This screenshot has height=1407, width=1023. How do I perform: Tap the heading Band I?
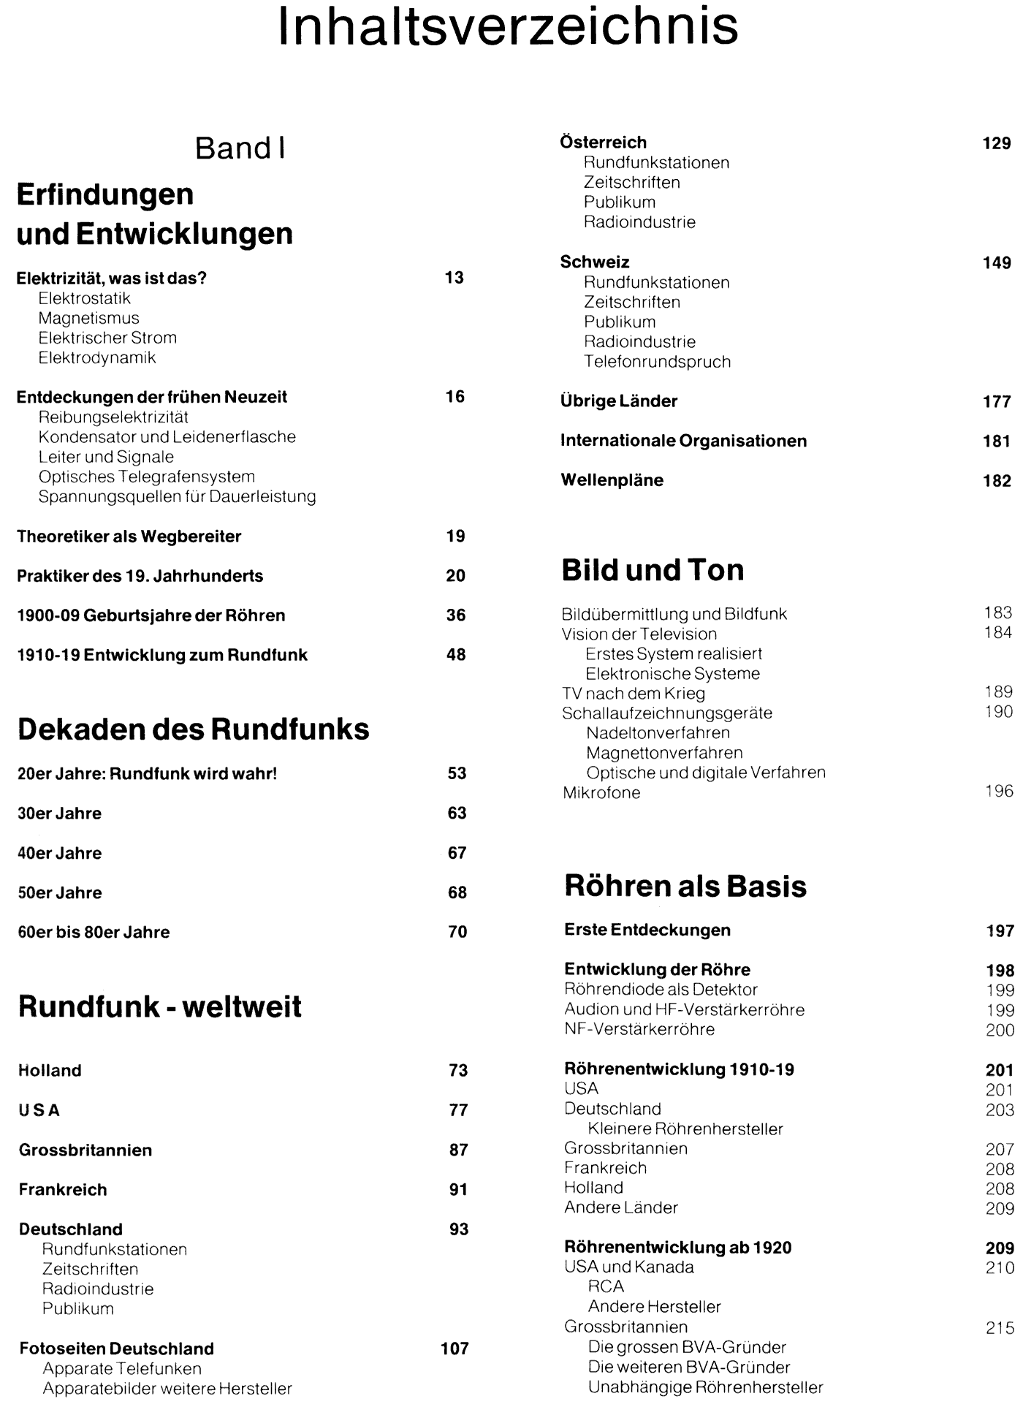(x=240, y=148)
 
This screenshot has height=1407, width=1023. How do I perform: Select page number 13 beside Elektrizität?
(x=454, y=278)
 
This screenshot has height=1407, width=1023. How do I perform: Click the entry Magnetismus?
(x=88, y=318)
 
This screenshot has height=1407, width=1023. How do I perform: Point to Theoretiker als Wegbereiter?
(x=129, y=536)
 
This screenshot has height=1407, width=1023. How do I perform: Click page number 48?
(x=456, y=655)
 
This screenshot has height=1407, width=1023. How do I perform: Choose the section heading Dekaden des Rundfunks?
(x=193, y=729)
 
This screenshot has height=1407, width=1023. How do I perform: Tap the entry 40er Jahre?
(x=59, y=853)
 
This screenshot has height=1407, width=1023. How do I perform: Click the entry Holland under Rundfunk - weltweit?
(x=50, y=1071)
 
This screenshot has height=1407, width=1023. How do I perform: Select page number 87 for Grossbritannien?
(x=458, y=1150)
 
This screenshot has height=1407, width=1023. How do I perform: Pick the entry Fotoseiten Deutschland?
(x=116, y=1349)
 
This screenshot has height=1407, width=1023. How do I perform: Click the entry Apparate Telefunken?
(x=121, y=1368)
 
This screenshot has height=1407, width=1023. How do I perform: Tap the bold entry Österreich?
(x=603, y=143)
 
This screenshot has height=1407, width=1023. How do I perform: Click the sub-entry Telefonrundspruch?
(x=657, y=362)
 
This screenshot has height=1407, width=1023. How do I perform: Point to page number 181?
(x=997, y=441)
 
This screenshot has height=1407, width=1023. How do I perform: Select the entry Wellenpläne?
(x=612, y=480)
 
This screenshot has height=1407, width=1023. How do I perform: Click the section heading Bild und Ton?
(x=653, y=570)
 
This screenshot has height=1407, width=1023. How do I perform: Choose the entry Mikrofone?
(x=601, y=793)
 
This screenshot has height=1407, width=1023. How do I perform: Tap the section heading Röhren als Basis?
(x=685, y=887)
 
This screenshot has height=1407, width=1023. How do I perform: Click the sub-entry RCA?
(x=606, y=1287)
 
